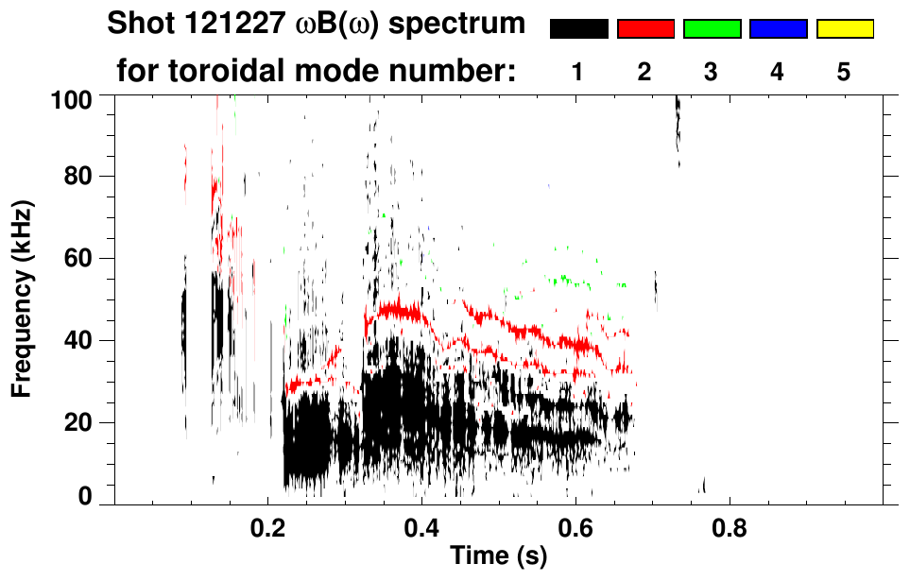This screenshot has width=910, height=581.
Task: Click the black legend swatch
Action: pyautogui.click(x=578, y=29)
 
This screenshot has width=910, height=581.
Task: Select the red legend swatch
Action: pyautogui.click(x=645, y=29)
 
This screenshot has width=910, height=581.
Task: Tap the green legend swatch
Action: pyautogui.click(x=712, y=29)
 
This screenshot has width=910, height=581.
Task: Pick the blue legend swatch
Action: pyautogui.click(x=778, y=29)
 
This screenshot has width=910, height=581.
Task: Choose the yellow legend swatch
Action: pyautogui.click(x=844, y=29)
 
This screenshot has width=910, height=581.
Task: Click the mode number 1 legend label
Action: pyautogui.click(x=578, y=72)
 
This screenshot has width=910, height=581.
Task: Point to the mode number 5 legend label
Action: pyautogui.click(x=844, y=72)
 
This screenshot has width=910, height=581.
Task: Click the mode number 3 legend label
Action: pyautogui.click(x=712, y=72)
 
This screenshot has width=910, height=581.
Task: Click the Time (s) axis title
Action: pyautogui.click(x=498, y=557)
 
